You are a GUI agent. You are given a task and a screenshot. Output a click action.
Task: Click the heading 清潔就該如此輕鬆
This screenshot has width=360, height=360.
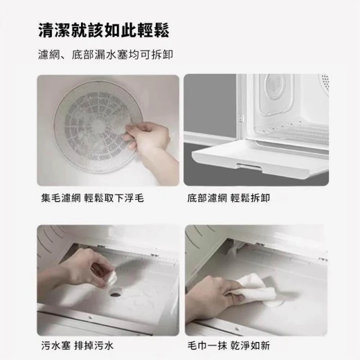[x=103, y=30]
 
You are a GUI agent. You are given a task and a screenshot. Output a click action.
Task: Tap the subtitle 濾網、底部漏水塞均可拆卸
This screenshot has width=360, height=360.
[x=105, y=55]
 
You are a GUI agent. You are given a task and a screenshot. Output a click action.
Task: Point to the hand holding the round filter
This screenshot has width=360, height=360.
[x=149, y=143]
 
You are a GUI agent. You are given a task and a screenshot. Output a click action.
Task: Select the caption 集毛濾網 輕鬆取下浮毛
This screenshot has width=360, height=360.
[x=92, y=198]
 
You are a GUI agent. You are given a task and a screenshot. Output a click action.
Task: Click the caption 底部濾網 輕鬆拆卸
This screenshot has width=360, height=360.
[x=228, y=198]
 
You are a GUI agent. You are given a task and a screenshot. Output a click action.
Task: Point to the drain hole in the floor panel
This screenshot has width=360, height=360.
[x=115, y=294]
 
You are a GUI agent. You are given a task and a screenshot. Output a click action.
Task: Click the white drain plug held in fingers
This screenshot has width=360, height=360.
[x=112, y=280]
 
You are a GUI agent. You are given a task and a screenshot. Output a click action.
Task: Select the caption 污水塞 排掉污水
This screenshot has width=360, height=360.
[x=78, y=345]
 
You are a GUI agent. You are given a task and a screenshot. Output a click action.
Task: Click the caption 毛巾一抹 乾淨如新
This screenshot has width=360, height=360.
[x=229, y=345]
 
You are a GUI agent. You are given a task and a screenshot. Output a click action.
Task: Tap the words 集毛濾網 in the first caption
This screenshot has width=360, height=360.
[x=61, y=198]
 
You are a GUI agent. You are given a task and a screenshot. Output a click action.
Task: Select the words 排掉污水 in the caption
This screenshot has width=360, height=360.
[x=94, y=345]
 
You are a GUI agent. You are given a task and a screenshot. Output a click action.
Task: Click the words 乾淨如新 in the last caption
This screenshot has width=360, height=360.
[x=250, y=345]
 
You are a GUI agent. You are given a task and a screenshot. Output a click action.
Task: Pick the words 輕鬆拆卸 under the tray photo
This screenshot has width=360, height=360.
[x=250, y=198]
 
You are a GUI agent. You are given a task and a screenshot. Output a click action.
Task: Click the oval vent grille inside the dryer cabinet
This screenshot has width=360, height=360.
[x=274, y=87]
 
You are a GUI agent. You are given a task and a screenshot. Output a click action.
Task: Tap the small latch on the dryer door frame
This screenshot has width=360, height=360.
[x=240, y=118]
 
